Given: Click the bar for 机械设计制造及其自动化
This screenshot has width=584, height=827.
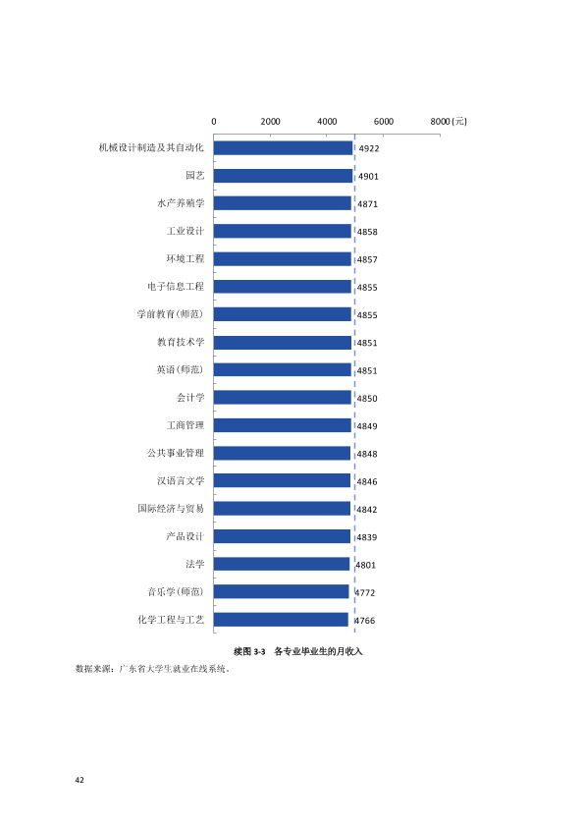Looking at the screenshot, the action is (x=283, y=147).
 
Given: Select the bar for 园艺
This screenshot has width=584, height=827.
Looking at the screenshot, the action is (x=283, y=176).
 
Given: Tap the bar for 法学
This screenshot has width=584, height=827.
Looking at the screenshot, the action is (x=282, y=564).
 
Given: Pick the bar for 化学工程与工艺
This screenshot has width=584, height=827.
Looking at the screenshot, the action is (x=281, y=620).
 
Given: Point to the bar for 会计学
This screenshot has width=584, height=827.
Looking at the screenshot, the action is (x=283, y=398).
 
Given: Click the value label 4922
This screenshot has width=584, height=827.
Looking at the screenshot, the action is (x=369, y=148).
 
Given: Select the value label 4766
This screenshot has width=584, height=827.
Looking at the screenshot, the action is (x=365, y=621).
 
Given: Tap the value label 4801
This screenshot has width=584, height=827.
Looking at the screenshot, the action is (x=366, y=565).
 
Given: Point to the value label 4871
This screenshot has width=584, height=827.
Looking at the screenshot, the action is (x=367, y=204).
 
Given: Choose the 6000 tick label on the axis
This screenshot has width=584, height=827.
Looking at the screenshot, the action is (x=384, y=122).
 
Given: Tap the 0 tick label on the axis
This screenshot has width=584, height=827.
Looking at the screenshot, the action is (x=214, y=122).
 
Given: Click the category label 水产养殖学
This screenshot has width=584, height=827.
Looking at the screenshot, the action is (x=181, y=203).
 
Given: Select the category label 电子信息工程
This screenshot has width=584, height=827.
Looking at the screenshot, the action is (x=176, y=287).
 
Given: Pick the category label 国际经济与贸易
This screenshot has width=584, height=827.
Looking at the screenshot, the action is (x=171, y=509).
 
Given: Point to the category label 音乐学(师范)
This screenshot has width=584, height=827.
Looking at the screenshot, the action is (x=176, y=592).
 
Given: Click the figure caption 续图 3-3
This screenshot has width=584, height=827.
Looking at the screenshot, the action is (x=249, y=652).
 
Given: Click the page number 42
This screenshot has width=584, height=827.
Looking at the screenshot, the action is (x=80, y=780).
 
